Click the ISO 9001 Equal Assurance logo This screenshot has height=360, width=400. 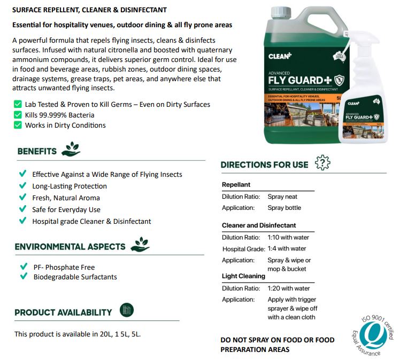(375, 334)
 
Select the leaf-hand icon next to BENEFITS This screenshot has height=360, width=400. (71, 150)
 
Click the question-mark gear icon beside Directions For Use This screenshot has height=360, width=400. (322, 163)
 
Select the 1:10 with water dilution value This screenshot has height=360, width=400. (288, 237)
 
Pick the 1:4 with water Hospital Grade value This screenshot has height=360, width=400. (287, 248)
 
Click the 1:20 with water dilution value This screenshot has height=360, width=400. (288, 288)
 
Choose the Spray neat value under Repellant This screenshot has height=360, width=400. (282, 197)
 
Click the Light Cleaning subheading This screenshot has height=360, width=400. (243, 276)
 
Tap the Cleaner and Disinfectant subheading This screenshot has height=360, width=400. (259, 225)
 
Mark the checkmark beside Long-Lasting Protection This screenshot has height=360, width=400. (22, 186)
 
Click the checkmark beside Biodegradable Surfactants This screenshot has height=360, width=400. (24, 277)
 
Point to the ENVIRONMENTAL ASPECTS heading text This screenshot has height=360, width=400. (70, 247)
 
